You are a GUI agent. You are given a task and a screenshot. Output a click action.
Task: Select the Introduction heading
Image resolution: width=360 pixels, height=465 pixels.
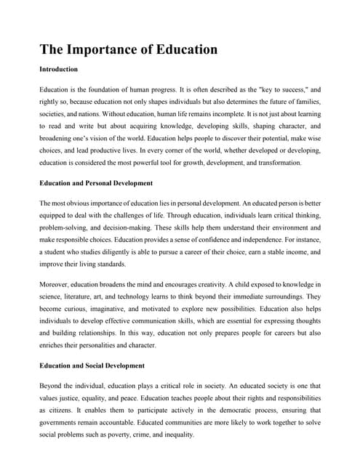59,70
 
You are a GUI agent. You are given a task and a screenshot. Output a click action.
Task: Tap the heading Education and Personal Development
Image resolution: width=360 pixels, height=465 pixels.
96,183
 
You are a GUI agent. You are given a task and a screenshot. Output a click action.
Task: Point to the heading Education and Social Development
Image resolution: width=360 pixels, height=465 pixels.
92,365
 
